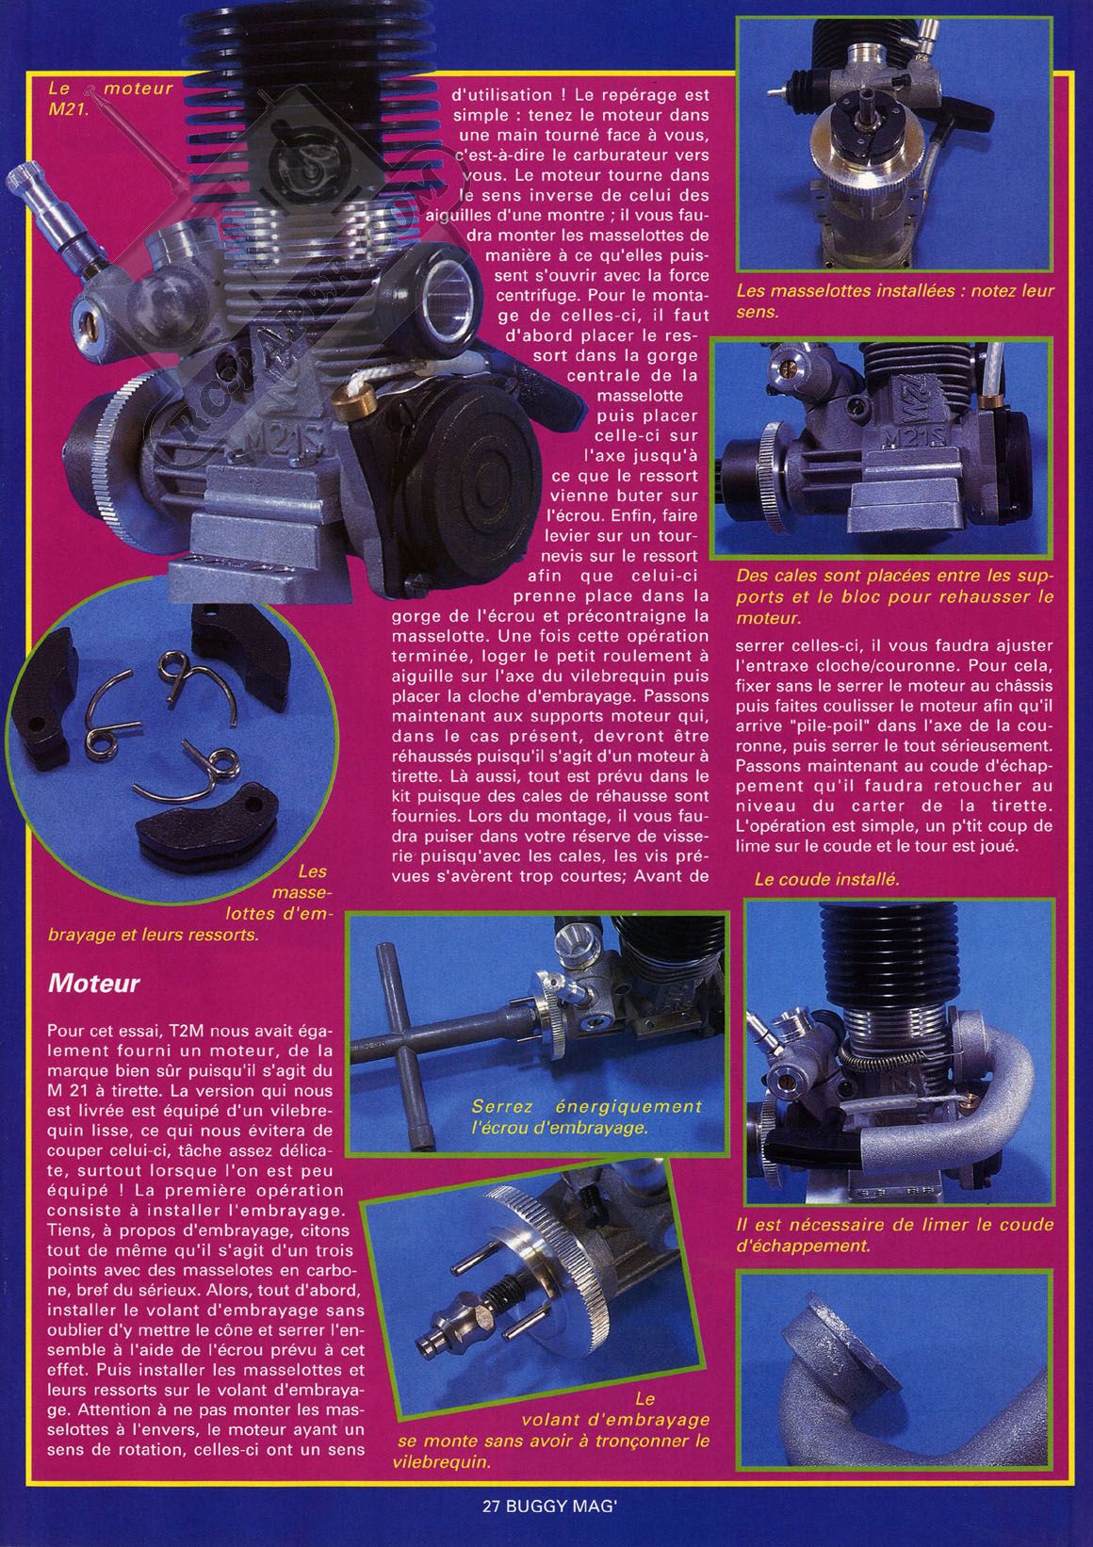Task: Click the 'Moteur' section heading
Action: pos(94,983)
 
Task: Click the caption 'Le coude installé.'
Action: pos(827,879)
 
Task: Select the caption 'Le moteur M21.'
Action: pos(110,98)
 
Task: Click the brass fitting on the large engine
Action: pos(350,399)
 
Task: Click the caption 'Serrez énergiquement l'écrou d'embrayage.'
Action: pos(586,1116)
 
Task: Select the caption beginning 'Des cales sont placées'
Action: pos(894,596)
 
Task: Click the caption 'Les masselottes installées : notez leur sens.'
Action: pos(895,301)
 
